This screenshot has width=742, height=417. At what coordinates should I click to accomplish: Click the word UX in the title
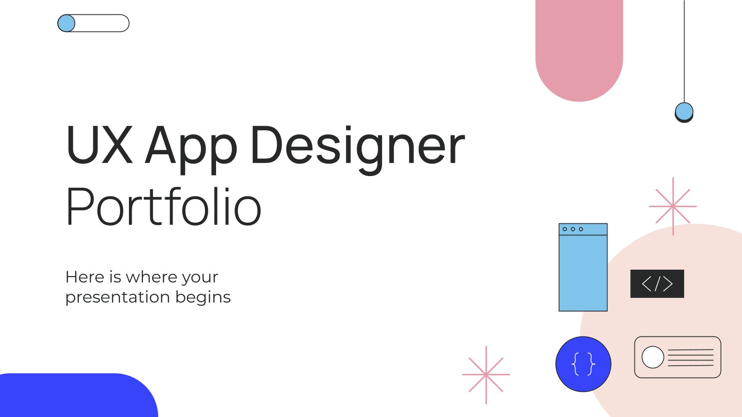point(100,145)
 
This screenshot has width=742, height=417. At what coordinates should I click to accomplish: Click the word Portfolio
point(164,206)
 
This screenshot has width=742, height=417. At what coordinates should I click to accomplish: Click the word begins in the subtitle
point(203,297)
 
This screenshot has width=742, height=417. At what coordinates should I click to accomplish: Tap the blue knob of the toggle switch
point(66,23)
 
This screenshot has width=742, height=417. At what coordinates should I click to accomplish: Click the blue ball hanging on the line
point(684,112)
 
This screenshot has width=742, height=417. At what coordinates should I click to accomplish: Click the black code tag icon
point(657,284)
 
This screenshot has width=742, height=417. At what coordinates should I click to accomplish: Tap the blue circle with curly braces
point(583,364)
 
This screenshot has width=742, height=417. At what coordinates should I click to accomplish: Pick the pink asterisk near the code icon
point(673,207)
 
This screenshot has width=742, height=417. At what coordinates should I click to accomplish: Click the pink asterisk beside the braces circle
point(486,375)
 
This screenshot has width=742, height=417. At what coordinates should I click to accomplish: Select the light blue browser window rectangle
point(583,267)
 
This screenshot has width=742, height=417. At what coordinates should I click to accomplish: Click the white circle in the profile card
point(653,357)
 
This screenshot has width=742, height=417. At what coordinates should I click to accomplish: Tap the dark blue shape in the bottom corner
point(79,395)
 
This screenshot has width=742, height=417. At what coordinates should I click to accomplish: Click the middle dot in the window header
point(573,229)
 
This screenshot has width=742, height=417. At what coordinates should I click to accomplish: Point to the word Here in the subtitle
point(85,277)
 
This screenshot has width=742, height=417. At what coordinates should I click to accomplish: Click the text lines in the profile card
point(691,357)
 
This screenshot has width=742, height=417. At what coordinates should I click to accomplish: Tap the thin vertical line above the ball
point(684,51)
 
